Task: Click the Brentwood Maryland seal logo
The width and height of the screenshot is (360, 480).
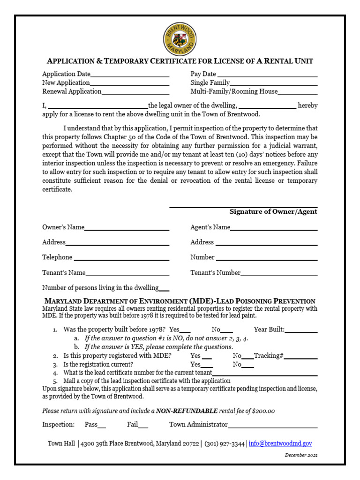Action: tap(180, 39)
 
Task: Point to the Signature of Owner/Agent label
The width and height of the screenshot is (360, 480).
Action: tap(273, 212)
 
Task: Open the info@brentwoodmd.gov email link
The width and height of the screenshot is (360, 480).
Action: tap(280, 443)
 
